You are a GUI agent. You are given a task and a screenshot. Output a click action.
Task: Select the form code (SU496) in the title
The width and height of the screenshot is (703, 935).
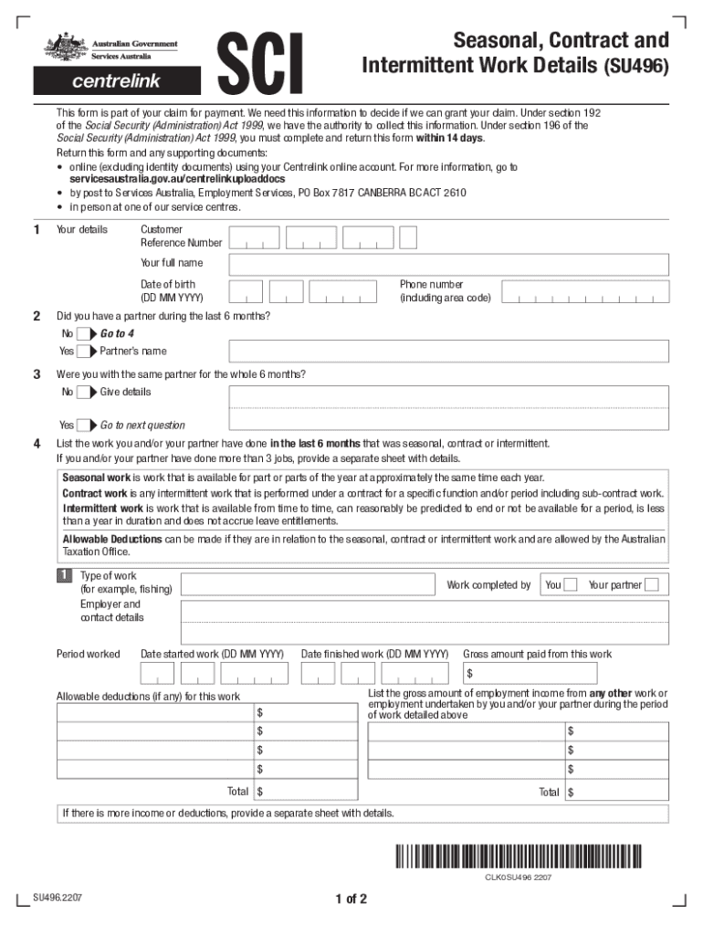click(635, 67)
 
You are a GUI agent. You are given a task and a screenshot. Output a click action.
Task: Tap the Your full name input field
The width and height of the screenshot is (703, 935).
click(448, 264)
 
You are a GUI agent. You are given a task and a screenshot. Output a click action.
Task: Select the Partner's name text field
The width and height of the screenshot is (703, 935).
click(448, 352)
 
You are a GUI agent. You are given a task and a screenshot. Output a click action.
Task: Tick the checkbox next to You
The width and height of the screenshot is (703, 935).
click(571, 585)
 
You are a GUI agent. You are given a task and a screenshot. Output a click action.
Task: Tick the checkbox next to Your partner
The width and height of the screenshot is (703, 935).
click(651, 585)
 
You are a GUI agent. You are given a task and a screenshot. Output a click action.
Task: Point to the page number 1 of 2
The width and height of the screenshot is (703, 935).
click(351, 899)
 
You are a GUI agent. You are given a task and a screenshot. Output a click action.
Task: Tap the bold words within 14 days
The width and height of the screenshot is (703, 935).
click(449, 139)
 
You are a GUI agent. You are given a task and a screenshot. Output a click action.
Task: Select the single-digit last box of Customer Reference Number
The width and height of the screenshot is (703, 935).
click(409, 237)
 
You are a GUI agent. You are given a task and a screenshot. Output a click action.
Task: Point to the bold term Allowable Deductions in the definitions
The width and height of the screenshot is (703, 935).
click(112, 540)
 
